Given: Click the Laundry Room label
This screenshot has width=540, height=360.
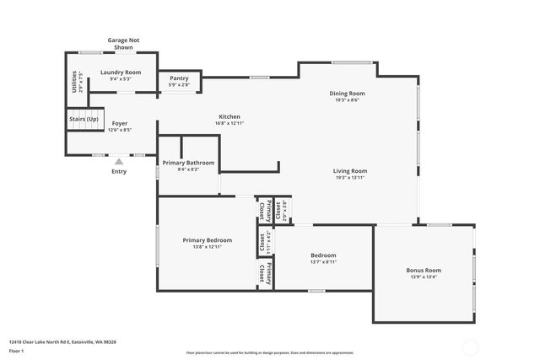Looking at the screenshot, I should pyautogui.click(x=121, y=73).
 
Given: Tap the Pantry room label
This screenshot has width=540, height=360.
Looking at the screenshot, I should pyautogui.click(x=179, y=78).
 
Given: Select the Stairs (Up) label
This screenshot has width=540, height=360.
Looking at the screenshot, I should pyautogui.click(x=84, y=120).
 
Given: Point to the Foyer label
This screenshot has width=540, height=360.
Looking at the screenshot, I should pyautogui.click(x=120, y=123).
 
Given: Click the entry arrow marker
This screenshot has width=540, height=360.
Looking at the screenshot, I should pyautogui.click(x=119, y=161).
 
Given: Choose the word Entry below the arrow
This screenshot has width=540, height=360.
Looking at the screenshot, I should pyautogui.click(x=119, y=172).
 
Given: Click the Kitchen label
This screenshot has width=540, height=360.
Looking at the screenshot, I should pyautogui.click(x=229, y=116).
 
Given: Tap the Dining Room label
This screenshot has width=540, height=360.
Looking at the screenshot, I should pyautogui.click(x=347, y=93).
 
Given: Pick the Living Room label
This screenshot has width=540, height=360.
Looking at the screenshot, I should pyautogui.click(x=350, y=171).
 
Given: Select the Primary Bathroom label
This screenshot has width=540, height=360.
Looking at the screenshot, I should pyautogui.click(x=189, y=163).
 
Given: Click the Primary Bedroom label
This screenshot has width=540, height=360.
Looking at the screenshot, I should pyautogui.click(x=208, y=240).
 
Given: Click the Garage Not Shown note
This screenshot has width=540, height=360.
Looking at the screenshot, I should pyautogui.click(x=123, y=44).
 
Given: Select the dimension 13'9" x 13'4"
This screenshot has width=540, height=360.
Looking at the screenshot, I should pyautogui.click(x=424, y=277).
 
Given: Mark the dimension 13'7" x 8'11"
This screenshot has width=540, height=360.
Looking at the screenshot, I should pyautogui.click(x=323, y=262).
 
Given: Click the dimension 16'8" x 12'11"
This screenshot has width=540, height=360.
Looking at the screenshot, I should pyautogui.click(x=229, y=123).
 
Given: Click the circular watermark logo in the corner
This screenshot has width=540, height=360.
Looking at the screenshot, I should pyautogui.click(x=469, y=347).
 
